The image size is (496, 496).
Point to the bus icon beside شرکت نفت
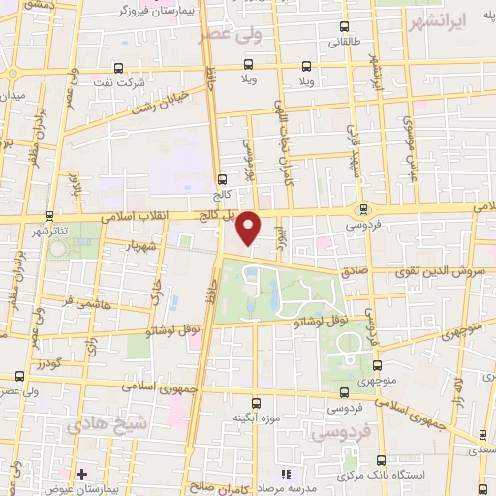pos(118,68)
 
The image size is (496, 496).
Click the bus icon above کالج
pos(223,179)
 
